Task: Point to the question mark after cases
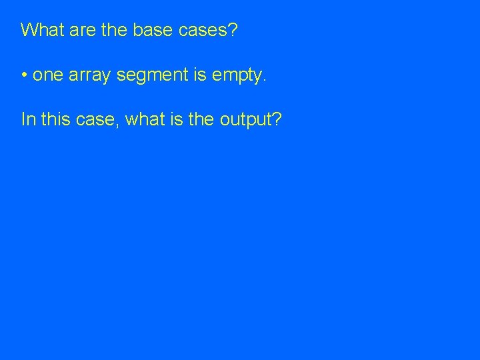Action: pyautogui.click(x=231, y=30)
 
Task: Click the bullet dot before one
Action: pyautogui.click(x=24, y=75)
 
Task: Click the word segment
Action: pyautogui.click(x=149, y=75)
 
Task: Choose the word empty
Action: pyautogui.click(x=237, y=75)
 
